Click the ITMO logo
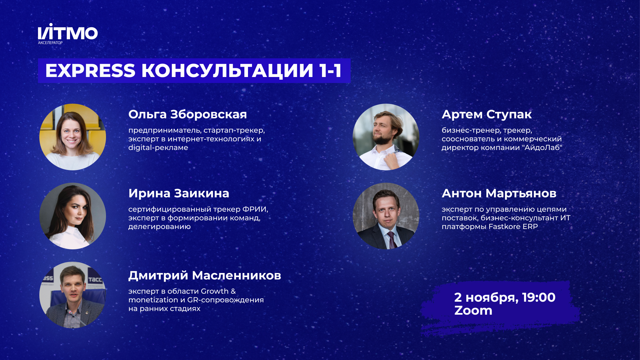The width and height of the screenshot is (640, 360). click(x=68, y=33)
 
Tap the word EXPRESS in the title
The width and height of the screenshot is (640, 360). click(x=90, y=71)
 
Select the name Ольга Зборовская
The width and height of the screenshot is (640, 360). click(x=187, y=114)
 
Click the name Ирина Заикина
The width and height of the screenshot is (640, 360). click(x=179, y=193)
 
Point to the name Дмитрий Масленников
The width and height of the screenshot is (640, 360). click(x=205, y=275)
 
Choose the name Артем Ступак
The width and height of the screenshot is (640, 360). click(x=486, y=114)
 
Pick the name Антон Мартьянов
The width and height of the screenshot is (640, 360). click(x=499, y=193)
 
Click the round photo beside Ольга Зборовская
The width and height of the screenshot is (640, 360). click(x=73, y=137)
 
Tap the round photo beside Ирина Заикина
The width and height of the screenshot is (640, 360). click(x=73, y=216)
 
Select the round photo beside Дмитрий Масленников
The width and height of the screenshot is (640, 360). click(x=73, y=295)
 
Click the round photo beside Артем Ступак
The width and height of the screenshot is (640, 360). click(x=386, y=137)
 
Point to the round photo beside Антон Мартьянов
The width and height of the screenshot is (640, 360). click(x=386, y=216)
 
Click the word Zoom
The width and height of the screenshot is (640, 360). click(x=473, y=310)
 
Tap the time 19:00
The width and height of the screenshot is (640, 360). click(x=539, y=297)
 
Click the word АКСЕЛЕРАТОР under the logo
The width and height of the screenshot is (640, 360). click(x=50, y=43)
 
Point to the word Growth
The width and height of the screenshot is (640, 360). click(x=214, y=291)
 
